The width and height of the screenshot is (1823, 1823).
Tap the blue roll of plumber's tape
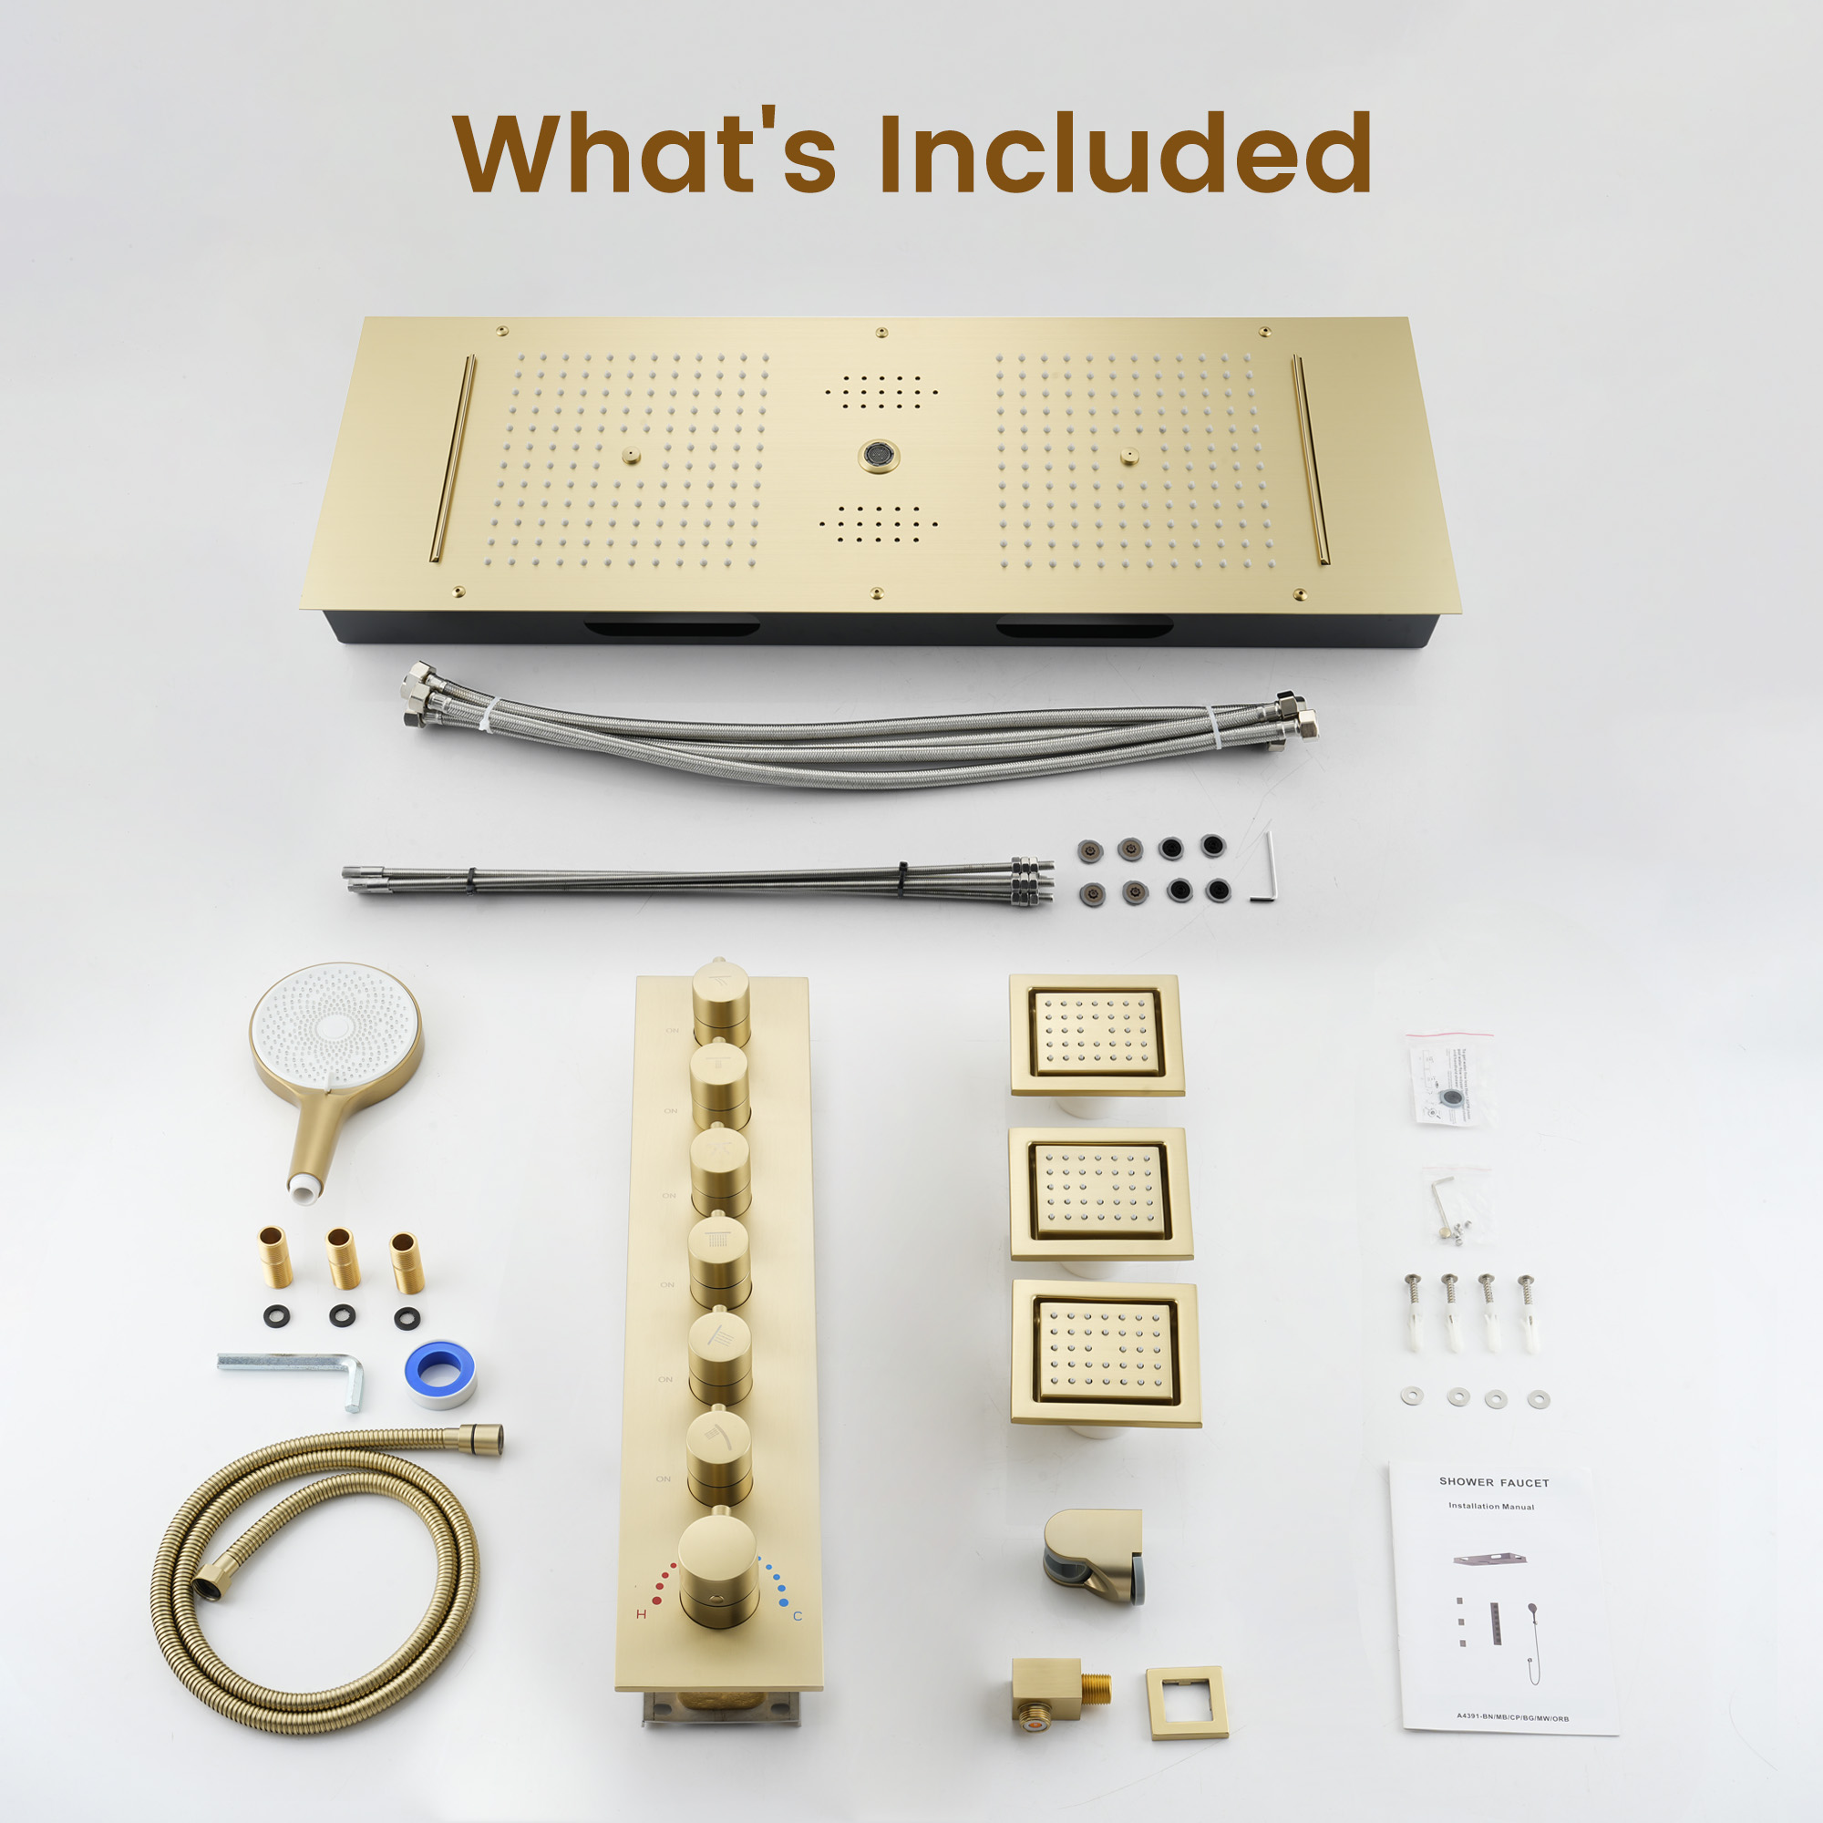pyautogui.click(x=439, y=1372)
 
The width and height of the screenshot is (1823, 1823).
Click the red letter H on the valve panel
pyautogui.click(x=642, y=1614)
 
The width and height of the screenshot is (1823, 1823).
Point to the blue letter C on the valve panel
pyautogui.click(x=798, y=1616)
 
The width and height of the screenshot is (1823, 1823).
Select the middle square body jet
pyautogui.click(x=1100, y=1192)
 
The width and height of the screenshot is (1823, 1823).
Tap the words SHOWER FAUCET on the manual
pyautogui.click(x=1494, y=1482)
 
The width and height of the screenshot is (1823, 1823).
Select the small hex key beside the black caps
pyautogui.click(x=1267, y=866)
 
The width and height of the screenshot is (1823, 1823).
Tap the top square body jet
pyautogui.click(x=1097, y=1035)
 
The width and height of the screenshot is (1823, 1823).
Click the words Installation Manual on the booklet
pyautogui.click(x=1491, y=1507)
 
